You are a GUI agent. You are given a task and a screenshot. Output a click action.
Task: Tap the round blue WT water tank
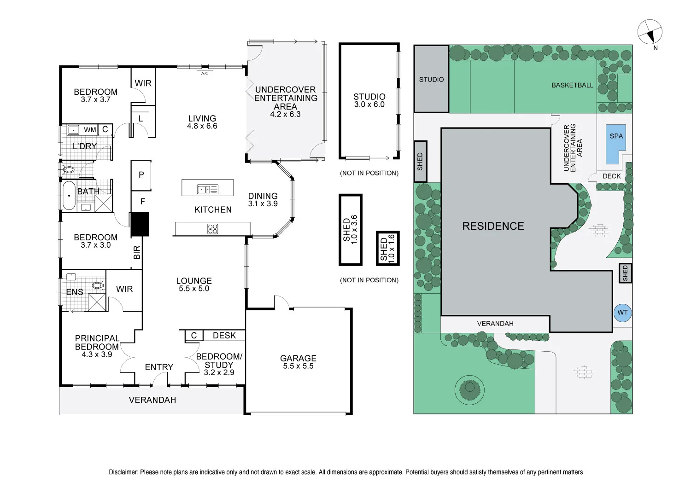point(622,313)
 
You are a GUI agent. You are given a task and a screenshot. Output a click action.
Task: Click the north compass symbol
point(650,32)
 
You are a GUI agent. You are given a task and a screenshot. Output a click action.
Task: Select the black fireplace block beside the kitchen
point(140,224)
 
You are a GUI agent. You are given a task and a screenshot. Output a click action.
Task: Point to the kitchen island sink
point(208,189)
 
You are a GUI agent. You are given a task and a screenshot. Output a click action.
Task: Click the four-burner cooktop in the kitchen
point(212,229)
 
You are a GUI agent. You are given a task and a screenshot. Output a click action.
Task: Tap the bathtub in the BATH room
point(69,196)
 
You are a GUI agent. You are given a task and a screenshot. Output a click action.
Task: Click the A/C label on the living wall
point(205,74)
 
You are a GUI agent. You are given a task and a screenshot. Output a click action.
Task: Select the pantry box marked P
point(141,175)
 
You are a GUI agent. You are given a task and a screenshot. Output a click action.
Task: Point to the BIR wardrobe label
point(137,252)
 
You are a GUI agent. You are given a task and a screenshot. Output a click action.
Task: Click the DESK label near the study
point(224,336)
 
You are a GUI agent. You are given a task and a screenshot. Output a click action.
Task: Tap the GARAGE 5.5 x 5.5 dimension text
point(299,366)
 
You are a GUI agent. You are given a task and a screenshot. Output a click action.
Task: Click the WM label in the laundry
point(90,130)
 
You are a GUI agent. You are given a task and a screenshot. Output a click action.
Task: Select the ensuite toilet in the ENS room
point(98,285)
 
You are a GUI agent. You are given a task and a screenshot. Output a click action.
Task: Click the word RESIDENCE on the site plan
point(493,226)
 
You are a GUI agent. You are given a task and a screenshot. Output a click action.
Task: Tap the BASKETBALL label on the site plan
point(572,85)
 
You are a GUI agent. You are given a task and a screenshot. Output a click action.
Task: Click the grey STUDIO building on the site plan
point(431,79)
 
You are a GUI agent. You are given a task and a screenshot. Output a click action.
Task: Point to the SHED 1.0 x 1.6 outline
point(388,248)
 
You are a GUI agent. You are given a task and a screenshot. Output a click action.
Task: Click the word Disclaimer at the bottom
point(123,472)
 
